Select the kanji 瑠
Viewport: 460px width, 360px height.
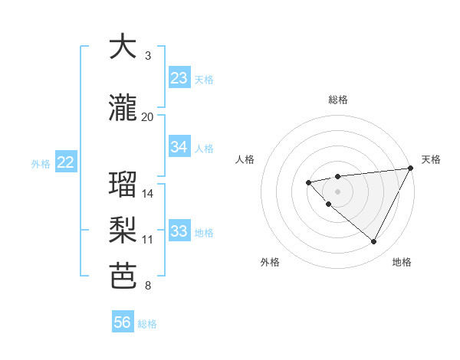click(x=123, y=185)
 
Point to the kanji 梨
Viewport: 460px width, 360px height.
click(x=123, y=231)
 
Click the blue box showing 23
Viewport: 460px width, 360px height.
click(x=179, y=78)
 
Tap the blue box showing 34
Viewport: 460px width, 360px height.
click(x=179, y=147)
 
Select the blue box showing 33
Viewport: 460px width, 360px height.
click(x=179, y=231)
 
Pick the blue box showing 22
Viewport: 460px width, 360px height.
click(x=66, y=162)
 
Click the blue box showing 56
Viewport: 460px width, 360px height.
click(x=123, y=322)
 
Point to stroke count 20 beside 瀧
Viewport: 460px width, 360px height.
click(x=148, y=116)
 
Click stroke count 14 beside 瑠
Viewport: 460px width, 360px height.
click(x=148, y=193)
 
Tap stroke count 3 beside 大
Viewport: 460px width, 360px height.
click(x=148, y=56)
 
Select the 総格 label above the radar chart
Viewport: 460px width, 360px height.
click(x=338, y=100)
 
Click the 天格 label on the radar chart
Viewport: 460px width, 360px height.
click(x=431, y=159)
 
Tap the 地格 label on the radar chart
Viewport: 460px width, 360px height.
click(x=402, y=262)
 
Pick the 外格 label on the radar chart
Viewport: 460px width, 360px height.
click(x=270, y=262)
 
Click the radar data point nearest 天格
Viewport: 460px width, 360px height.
click(x=411, y=169)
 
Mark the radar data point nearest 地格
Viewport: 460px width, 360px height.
click(x=373, y=242)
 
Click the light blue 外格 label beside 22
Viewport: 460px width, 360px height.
click(x=41, y=163)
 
